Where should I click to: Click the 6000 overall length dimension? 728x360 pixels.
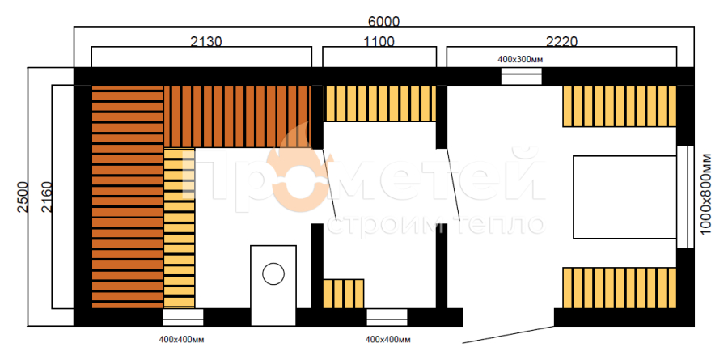[x=383, y=21]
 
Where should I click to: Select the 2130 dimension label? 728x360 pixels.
[x=206, y=42]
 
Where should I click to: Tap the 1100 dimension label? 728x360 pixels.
[x=379, y=42]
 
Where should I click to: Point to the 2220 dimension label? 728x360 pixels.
[x=561, y=42]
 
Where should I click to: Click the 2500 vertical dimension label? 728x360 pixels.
[x=23, y=197]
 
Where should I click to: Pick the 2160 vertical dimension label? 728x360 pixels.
[x=47, y=197]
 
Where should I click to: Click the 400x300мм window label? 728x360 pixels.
[x=520, y=59]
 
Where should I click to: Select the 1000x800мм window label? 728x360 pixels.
[x=706, y=194]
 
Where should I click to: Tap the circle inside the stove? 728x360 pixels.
[x=273, y=273]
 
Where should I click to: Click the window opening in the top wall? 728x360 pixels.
[x=522, y=77]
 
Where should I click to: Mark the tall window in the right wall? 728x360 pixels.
[x=685, y=197]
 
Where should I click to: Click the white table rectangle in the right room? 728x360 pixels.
[x=624, y=197]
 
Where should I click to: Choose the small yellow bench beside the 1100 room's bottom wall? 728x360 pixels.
[x=344, y=294]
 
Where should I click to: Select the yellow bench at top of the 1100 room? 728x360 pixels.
[x=379, y=104]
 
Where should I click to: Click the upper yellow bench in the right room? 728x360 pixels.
[x=620, y=106]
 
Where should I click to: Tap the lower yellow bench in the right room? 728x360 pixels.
[x=620, y=288]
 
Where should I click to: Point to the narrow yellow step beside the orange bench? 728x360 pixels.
[x=180, y=228]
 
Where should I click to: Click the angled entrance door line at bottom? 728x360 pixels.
[x=509, y=334]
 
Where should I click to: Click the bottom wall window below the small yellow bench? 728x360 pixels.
[x=387, y=317]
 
